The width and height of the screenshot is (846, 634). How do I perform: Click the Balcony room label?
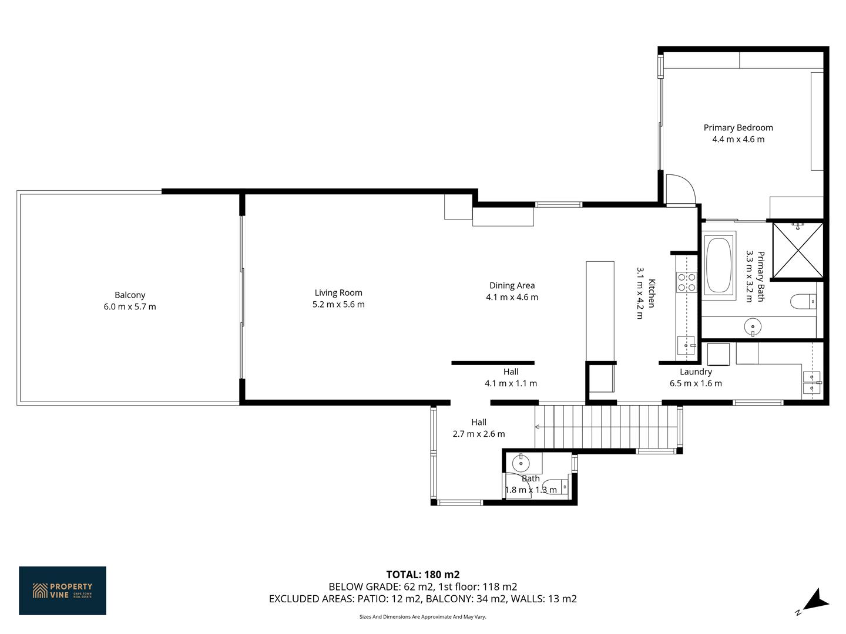pyautogui.click(x=130, y=295)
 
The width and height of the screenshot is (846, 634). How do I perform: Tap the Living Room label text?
pyautogui.click(x=338, y=293)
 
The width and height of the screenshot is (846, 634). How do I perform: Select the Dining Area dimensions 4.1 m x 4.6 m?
pyautogui.click(x=512, y=297)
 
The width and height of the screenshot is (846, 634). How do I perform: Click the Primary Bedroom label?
pyautogui.click(x=738, y=128)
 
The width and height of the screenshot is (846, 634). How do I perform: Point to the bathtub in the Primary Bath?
pyautogui.click(x=719, y=265)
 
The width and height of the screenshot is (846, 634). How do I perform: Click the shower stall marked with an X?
pyautogui.click(x=798, y=250)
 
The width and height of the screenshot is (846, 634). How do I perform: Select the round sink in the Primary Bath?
pyautogui.click(x=753, y=327)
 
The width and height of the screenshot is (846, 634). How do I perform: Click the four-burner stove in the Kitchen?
pyautogui.click(x=687, y=282)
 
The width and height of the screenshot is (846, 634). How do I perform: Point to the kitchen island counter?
pyautogui.click(x=600, y=311)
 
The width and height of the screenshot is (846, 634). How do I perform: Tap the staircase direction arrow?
pyautogui.click(x=538, y=427)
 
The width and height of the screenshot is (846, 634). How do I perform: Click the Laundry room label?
pyautogui.click(x=695, y=372)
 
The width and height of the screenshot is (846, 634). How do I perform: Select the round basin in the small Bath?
pyautogui.click(x=521, y=463)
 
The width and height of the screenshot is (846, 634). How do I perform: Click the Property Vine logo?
pyautogui.click(x=62, y=591)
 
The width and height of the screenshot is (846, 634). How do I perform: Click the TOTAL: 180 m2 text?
pyautogui.click(x=423, y=575)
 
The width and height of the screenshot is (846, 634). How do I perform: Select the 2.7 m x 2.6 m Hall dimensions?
pyautogui.click(x=479, y=434)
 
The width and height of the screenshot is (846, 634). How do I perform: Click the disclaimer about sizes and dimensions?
pyautogui.click(x=423, y=616)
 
